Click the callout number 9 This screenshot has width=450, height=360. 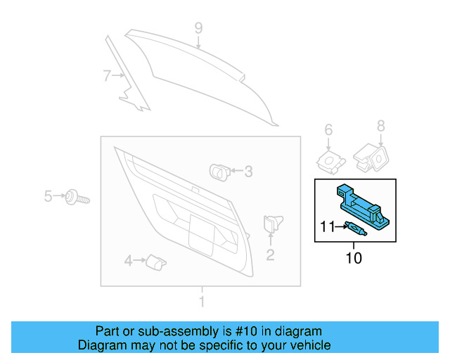coord(198,28)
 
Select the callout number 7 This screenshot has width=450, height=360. coord(107,76)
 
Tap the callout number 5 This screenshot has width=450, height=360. coord(48,196)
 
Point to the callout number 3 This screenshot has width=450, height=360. coord(247,171)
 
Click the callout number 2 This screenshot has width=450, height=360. coord(270,255)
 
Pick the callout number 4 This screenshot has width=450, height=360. coord(128,262)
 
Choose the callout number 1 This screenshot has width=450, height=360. coord(202,302)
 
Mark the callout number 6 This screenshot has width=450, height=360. coord(328,129)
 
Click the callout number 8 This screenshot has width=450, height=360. coord(381,126)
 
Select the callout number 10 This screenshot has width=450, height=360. coord(354,258)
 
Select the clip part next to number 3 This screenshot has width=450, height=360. coord(219,170)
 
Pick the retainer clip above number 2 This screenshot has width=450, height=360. coord(271,224)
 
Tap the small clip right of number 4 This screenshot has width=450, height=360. coord(155,262)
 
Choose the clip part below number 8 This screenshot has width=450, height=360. coord(370,158)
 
